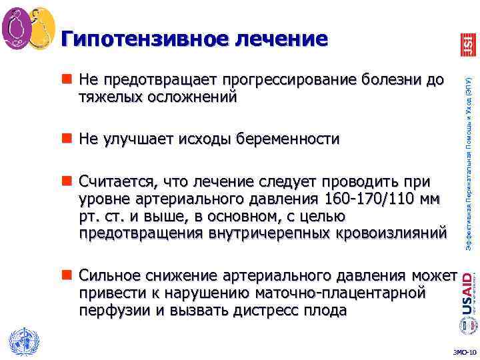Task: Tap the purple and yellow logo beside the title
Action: point(29,29)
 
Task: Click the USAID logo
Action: point(468,293)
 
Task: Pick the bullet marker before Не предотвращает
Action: point(69,81)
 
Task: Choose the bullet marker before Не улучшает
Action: point(69,139)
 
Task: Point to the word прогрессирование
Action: point(291,81)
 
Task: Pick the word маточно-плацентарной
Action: point(350,293)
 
